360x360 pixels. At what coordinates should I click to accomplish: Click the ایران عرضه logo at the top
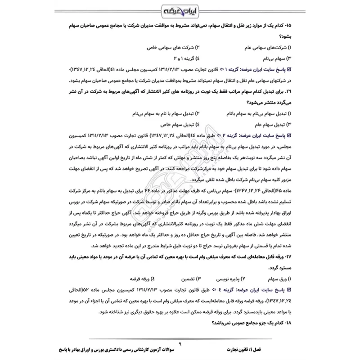tap(180, 10)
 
